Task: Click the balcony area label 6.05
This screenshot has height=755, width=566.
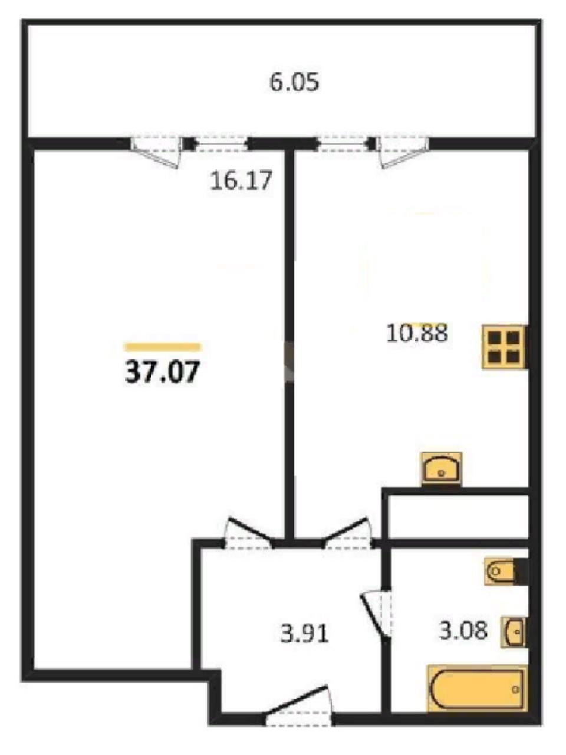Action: [x=294, y=83]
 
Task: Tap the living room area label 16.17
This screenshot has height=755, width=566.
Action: [x=241, y=180]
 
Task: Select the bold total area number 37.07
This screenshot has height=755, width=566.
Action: [x=162, y=372]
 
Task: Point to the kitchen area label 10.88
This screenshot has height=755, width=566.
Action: [x=417, y=333]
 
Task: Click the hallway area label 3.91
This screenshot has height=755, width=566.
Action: [x=304, y=633]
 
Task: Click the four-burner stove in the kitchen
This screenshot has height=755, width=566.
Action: [x=505, y=347]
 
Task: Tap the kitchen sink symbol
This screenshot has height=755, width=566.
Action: [x=442, y=469]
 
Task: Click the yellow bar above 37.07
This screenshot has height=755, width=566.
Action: [x=163, y=347]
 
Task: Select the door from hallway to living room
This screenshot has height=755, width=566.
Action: [x=248, y=534]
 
